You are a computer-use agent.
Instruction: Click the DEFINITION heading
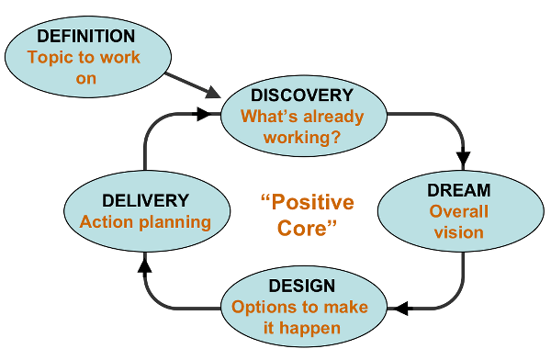(x=85, y=36)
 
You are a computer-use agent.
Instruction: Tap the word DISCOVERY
(x=302, y=96)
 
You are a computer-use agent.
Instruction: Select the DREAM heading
(x=458, y=190)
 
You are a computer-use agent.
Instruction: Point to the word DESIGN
(x=302, y=286)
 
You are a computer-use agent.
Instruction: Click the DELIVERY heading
(x=145, y=201)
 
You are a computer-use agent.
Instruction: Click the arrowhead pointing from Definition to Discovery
(x=213, y=93)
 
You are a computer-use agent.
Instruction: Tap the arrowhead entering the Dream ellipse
(x=463, y=158)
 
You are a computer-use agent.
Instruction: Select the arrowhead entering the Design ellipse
(x=399, y=309)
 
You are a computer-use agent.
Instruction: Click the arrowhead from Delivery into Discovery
(x=204, y=114)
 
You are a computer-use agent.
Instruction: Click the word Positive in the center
(x=312, y=202)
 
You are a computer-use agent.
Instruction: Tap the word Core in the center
(x=302, y=228)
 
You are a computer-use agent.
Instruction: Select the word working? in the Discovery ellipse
(x=302, y=137)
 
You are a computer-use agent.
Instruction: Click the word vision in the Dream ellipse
(x=458, y=232)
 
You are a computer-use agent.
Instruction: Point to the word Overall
(x=458, y=211)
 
